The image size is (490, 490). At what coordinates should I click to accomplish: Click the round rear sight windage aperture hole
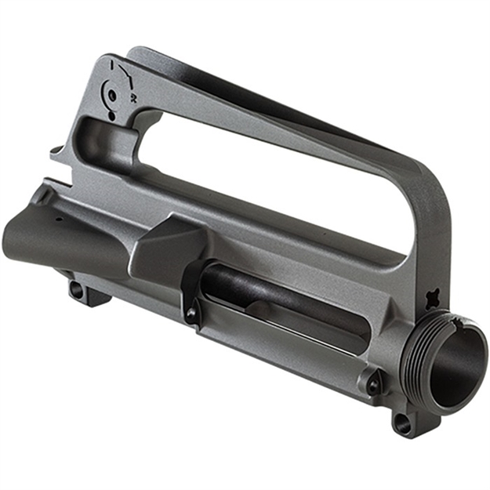click(112, 96)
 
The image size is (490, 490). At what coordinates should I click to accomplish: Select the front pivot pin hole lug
click(402, 424)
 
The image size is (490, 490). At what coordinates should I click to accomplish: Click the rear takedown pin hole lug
click(77, 289)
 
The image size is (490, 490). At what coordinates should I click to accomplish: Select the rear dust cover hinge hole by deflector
click(192, 314)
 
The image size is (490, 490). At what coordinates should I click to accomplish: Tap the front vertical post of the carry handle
click(430, 235)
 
